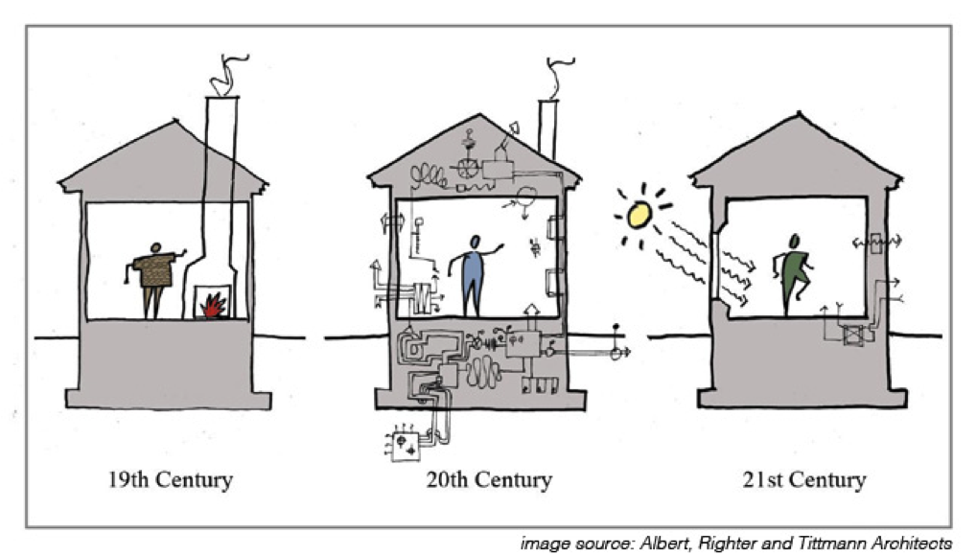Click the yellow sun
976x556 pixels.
[639, 216]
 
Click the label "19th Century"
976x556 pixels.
[172, 478]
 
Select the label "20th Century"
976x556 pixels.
[489, 478]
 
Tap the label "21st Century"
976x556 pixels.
[803, 478]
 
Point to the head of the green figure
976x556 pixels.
[794, 241]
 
